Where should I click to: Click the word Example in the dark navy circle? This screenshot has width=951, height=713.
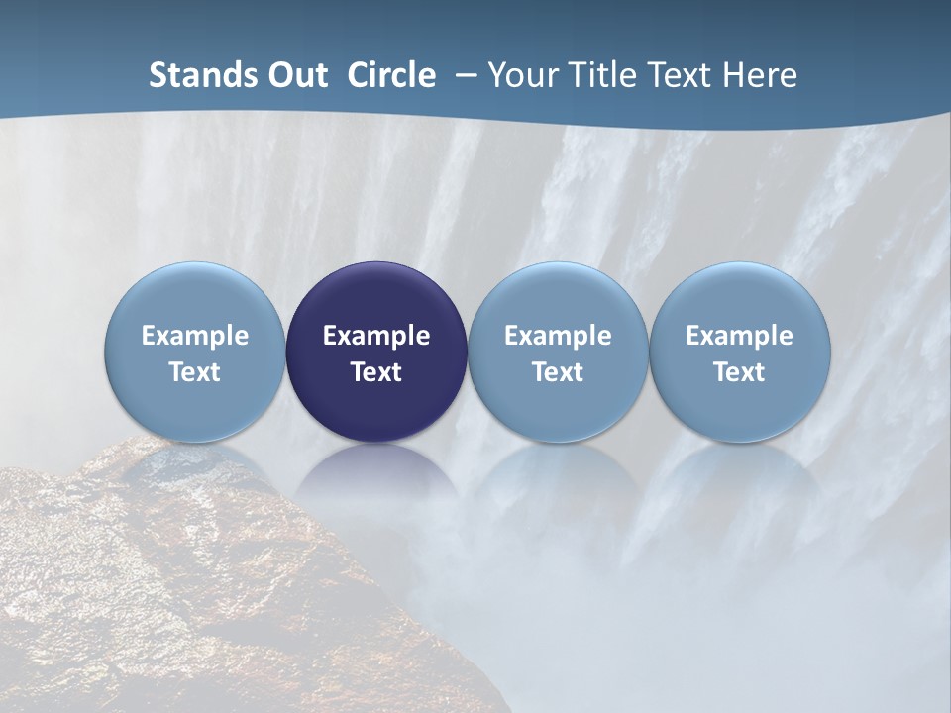pyautogui.click(x=376, y=336)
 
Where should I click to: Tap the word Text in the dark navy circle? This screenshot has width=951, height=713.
pyautogui.click(x=376, y=372)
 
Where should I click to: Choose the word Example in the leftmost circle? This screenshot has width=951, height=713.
pyautogui.click(x=195, y=336)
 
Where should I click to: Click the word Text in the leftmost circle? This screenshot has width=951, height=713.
pyautogui.click(x=195, y=372)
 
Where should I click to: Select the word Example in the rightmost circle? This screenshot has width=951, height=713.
pyautogui.click(x=739, y=336)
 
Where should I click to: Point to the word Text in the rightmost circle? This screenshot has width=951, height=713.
pyautogui.click(x=739, y=372)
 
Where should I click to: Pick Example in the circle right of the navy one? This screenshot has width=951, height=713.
pyautogui.click(x=558, y=336)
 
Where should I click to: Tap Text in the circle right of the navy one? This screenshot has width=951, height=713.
pyautogui.click(x=558, y=372)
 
